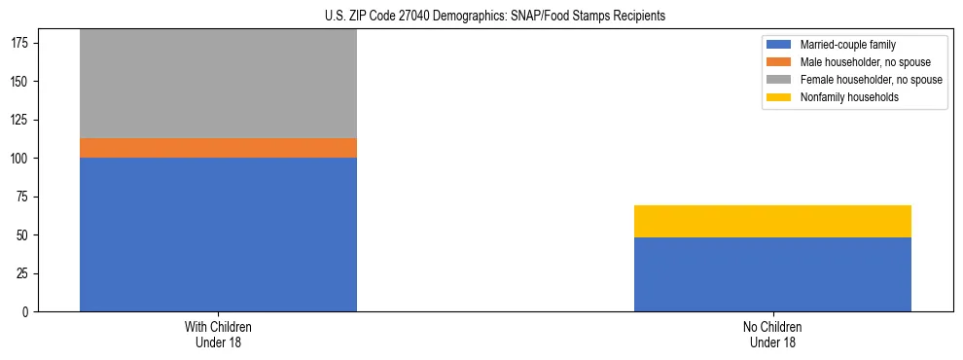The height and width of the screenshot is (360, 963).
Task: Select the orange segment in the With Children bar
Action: [218, 148]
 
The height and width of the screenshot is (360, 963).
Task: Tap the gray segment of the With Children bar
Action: [218, 85]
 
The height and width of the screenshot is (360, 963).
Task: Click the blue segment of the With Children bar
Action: [218, 234]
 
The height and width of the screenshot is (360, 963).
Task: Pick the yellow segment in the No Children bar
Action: [772, 221]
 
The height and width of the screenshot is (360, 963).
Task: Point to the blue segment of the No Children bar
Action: [772, 274]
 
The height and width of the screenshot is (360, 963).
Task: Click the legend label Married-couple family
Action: [847, 45]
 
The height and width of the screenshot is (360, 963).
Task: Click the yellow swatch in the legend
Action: [779, 97]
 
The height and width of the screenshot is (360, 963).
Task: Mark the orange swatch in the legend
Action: [779, 62]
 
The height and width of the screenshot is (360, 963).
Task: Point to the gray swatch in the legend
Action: [779, 80]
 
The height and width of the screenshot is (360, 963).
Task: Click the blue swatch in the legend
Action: [779, 45]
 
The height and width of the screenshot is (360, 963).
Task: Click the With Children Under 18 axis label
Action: [218, 334]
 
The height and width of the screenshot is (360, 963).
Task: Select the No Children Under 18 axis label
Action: [772, 334]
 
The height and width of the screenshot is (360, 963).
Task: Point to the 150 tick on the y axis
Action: [22, 82]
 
